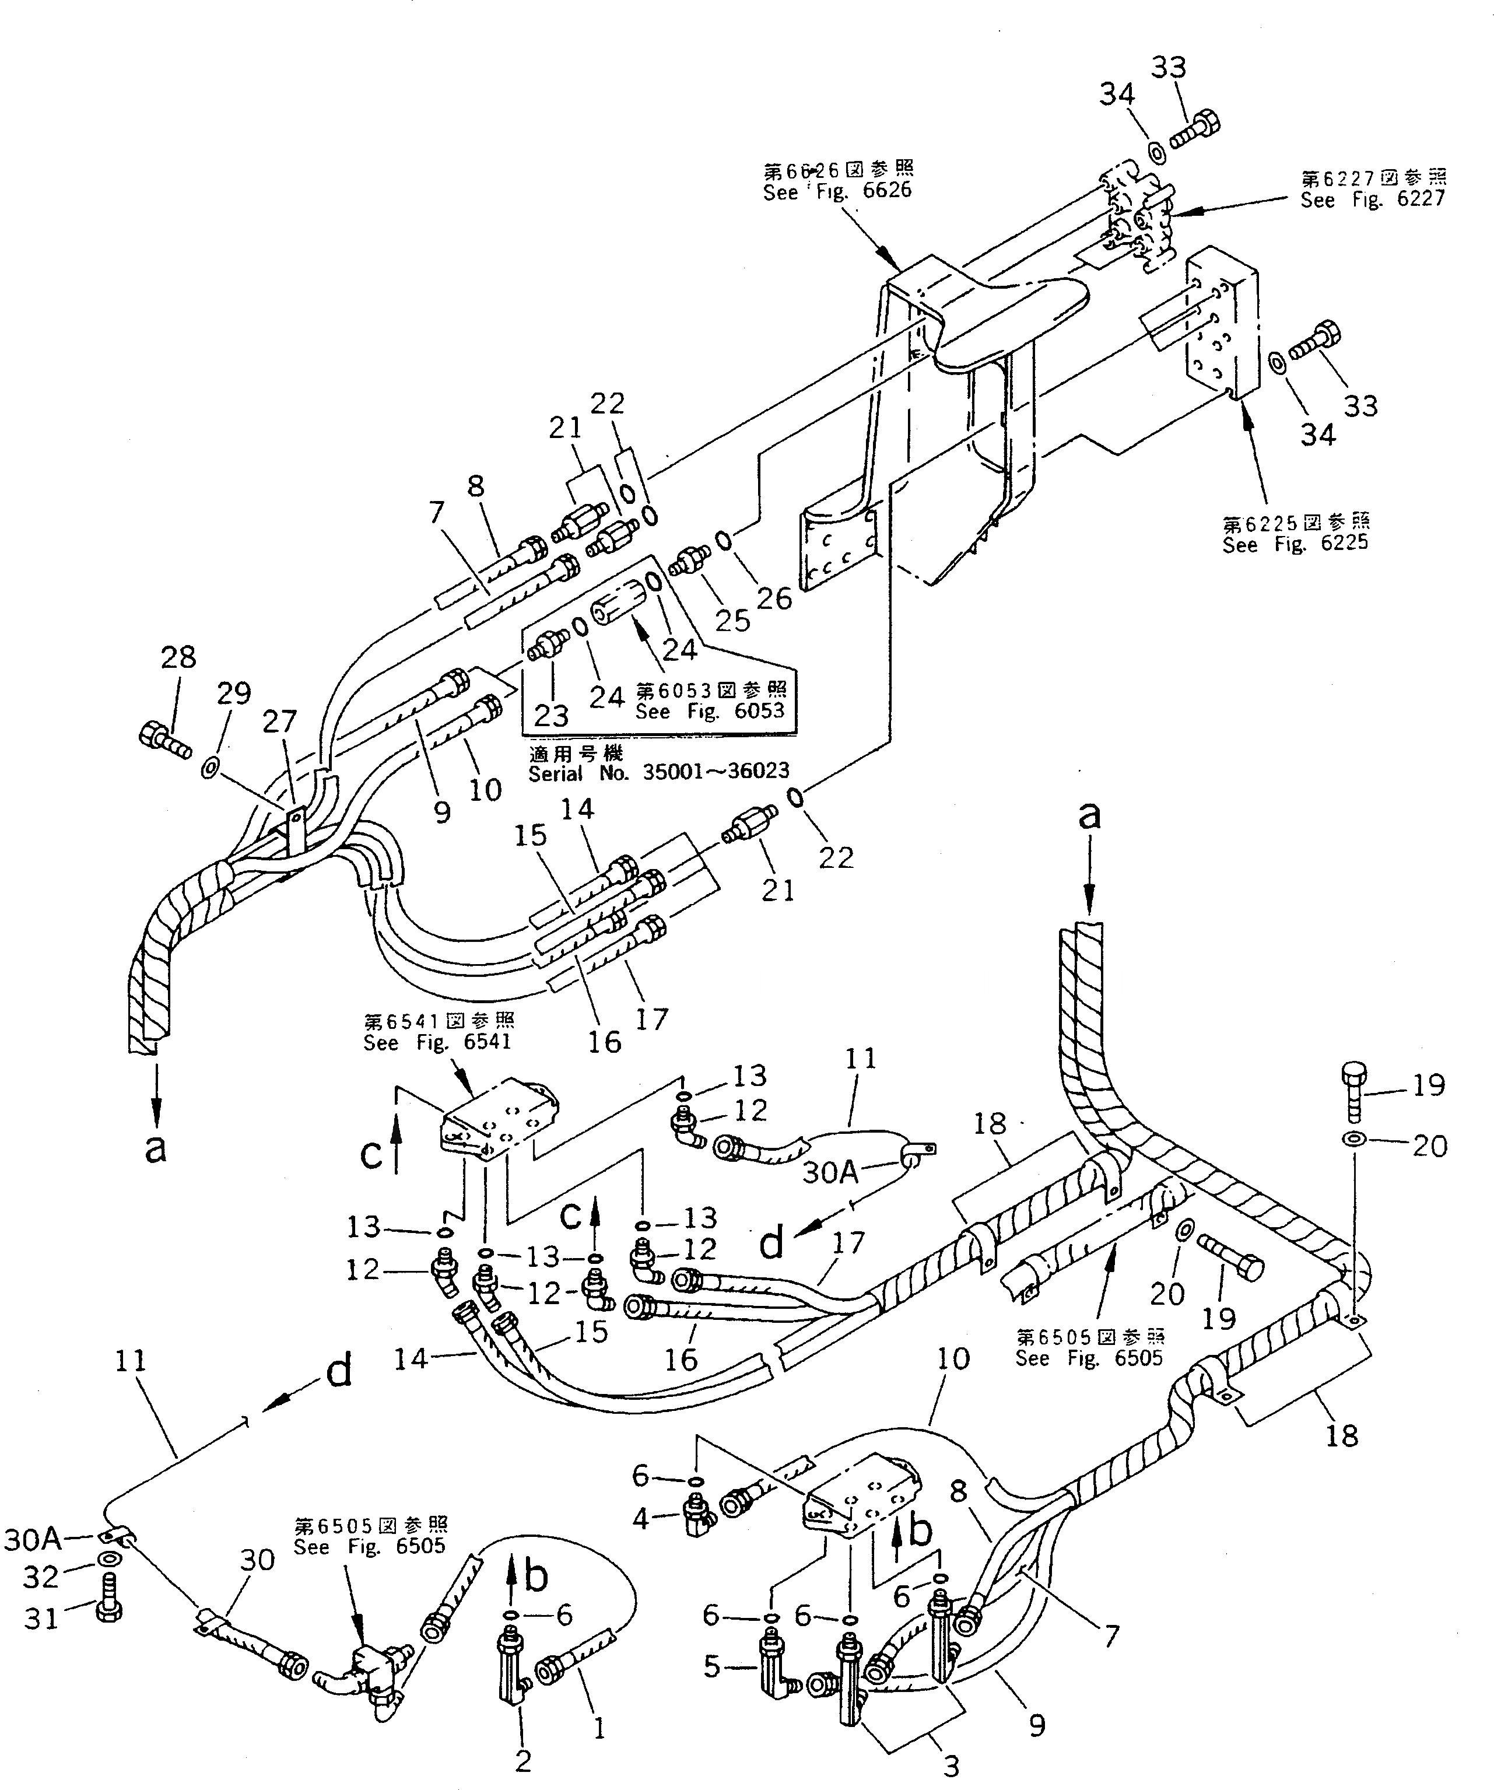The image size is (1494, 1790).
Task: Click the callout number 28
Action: pyautogui.click(x=178, y=657)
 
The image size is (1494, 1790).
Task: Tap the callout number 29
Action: pyautogui.click(x=233, y=695)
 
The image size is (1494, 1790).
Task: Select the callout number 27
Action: pyautogui.click(x=279, y=722)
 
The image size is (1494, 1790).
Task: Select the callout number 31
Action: pyautogui.click(x=41, y=1617)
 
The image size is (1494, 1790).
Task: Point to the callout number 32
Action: pyautogui.click(x=41, y=1577)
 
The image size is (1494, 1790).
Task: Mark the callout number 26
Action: pyautogui.click(x=774, y=598)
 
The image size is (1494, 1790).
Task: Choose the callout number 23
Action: pyautogui.click(x=550, y=714)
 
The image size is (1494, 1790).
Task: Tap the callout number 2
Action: pyautogui.click(x=522, y=1760)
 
